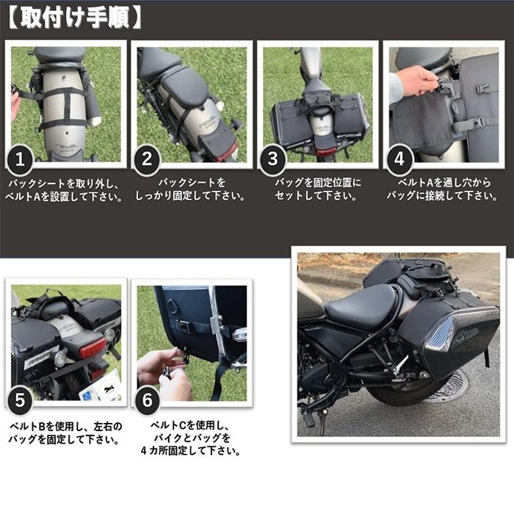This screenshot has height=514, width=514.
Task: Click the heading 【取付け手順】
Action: [x=74, y=18]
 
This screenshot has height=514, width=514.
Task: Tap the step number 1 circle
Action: [x=21, y=159]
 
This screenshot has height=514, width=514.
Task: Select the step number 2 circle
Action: [x=147, y=159]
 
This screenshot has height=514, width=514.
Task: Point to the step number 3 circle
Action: [x=272, y=159]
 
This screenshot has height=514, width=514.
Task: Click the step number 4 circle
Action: [x=399, y=159]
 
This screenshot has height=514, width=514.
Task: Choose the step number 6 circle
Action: [x=147, y=400]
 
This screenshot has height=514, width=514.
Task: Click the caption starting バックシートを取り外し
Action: [x=64, y=190]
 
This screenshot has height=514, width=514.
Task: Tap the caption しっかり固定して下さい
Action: [x=190, y=196]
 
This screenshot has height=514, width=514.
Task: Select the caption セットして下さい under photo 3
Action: [x=316, y=196]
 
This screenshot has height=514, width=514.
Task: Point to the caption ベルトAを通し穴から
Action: [x=444, y=183]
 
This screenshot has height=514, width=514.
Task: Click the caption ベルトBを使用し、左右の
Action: [x=65, y=427]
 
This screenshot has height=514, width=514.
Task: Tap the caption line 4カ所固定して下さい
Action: [x=190, y=451]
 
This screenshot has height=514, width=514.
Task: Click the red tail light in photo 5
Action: [x=93, y=347]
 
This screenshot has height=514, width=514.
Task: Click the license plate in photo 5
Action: [x=100, y=386]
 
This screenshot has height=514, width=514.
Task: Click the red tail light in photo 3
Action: [x=326, y=152]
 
